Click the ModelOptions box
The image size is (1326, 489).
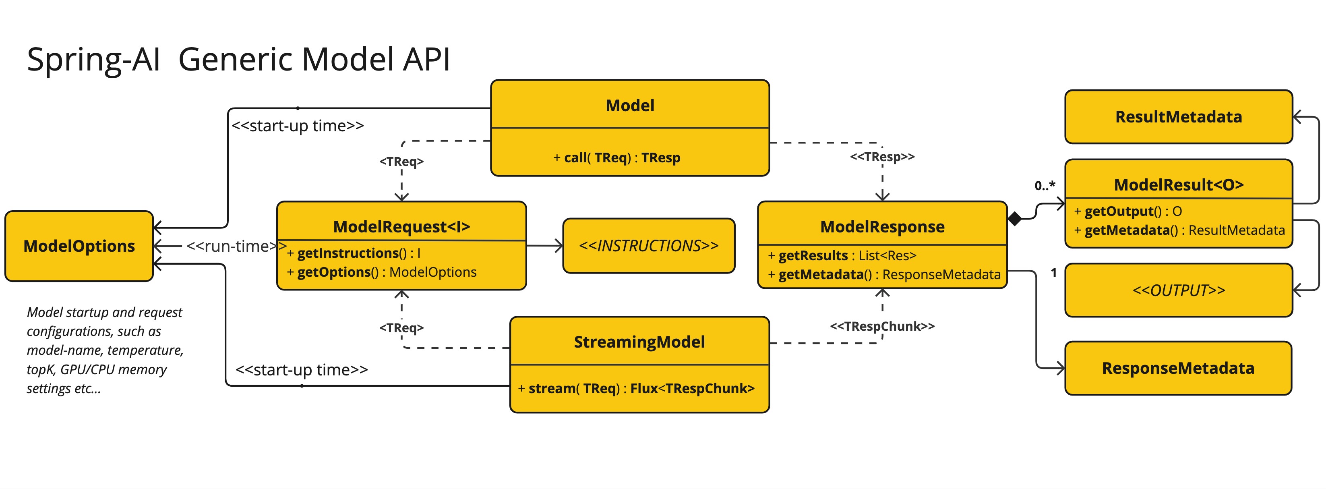point(79,246)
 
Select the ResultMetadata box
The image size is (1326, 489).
point(1178,117)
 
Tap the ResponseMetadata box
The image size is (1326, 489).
point(1178,368)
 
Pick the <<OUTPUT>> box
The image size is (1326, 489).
point(1178,290)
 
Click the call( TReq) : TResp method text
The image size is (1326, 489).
point(616,157)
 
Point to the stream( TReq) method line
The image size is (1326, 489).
point(636,388)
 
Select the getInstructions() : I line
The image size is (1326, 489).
point(354,253)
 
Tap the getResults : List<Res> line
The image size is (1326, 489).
point(842,255)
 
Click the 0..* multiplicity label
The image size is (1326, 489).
point(1045,185)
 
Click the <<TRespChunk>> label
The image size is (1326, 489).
point(882,326)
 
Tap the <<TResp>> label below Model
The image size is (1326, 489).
point(882,156)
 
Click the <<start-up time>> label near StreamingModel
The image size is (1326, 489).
point(301,370)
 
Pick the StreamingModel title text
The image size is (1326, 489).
point(639,342)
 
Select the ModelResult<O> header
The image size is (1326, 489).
point(1178,184)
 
